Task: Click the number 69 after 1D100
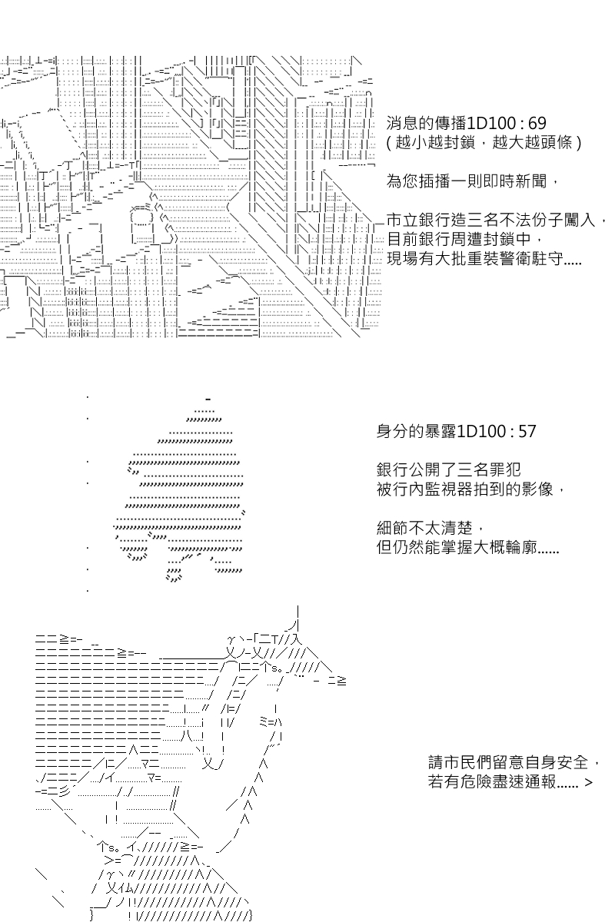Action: point(537,124)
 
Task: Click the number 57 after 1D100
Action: point(527,431)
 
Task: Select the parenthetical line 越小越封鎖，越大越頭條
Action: point(484,143)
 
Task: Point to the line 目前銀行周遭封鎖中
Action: point(464,239)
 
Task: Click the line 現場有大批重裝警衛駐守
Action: point(484,258)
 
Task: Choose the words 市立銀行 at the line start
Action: point(419,221)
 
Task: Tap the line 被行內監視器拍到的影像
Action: point(470,489)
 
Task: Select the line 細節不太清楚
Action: point(430,528)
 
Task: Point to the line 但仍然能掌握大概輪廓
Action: point(467,547)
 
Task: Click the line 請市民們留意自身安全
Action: point(514,762)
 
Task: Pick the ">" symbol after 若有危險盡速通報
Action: point(589,782)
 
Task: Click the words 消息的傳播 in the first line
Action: point(427,124)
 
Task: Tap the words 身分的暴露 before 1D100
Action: point(417,431)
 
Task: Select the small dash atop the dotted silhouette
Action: point(208,399)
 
